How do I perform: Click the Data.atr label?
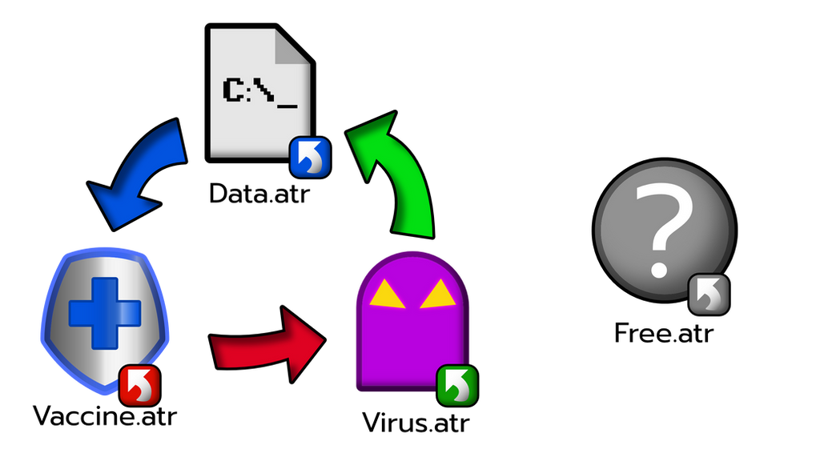[x=259, y=193]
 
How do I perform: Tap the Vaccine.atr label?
[x=105, y=415]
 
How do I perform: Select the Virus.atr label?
[x=416, y=423]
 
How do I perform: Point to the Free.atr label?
[x=664, y=332]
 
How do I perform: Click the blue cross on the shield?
[x=105, y=313]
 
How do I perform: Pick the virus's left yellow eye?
[x=387, y=294]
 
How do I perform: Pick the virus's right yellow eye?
[x=438, y=294]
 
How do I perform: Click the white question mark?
[x=663, y=229]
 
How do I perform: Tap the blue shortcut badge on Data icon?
[x=310, y=158]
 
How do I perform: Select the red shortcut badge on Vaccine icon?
[x=139, y=385]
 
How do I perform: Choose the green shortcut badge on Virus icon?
[x=457, y=386]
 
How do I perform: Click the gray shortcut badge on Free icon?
[x=709, y=295]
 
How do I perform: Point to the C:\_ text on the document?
[x=260, y=93]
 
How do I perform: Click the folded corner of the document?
[x=293, y=46]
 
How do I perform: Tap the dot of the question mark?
[x=658, y=270]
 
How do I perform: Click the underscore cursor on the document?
[x=287, y=106]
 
